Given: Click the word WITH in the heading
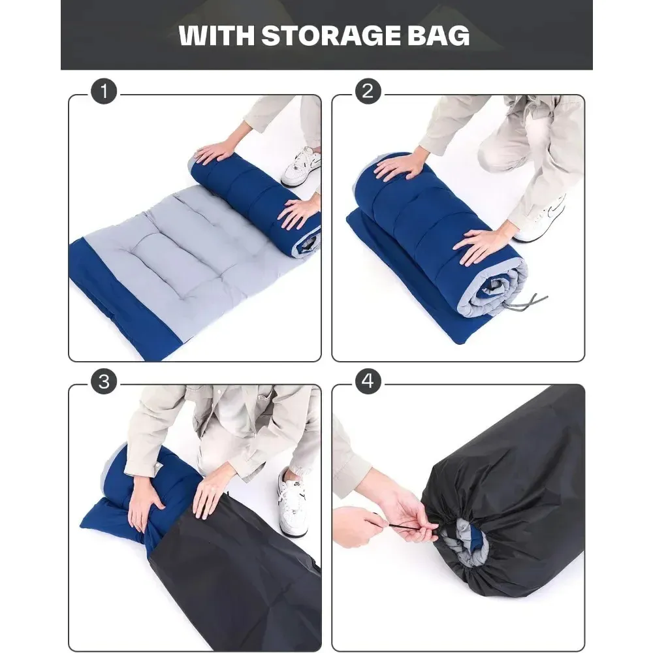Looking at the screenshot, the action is [216, 35].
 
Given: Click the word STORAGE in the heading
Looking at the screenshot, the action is [330, 35].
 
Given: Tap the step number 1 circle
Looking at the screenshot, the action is [104, 91].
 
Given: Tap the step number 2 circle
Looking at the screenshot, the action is [368, 91].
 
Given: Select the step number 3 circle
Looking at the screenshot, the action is [104, 381].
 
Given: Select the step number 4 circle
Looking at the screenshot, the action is [368, 381].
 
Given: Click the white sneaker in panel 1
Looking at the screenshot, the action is [301, 167].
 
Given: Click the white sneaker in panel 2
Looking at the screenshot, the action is [541, 219].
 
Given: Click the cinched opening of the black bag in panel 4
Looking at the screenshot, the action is [465, 541].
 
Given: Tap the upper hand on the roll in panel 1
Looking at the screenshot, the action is [217, 152].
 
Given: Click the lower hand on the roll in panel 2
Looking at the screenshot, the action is [483, 245].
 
